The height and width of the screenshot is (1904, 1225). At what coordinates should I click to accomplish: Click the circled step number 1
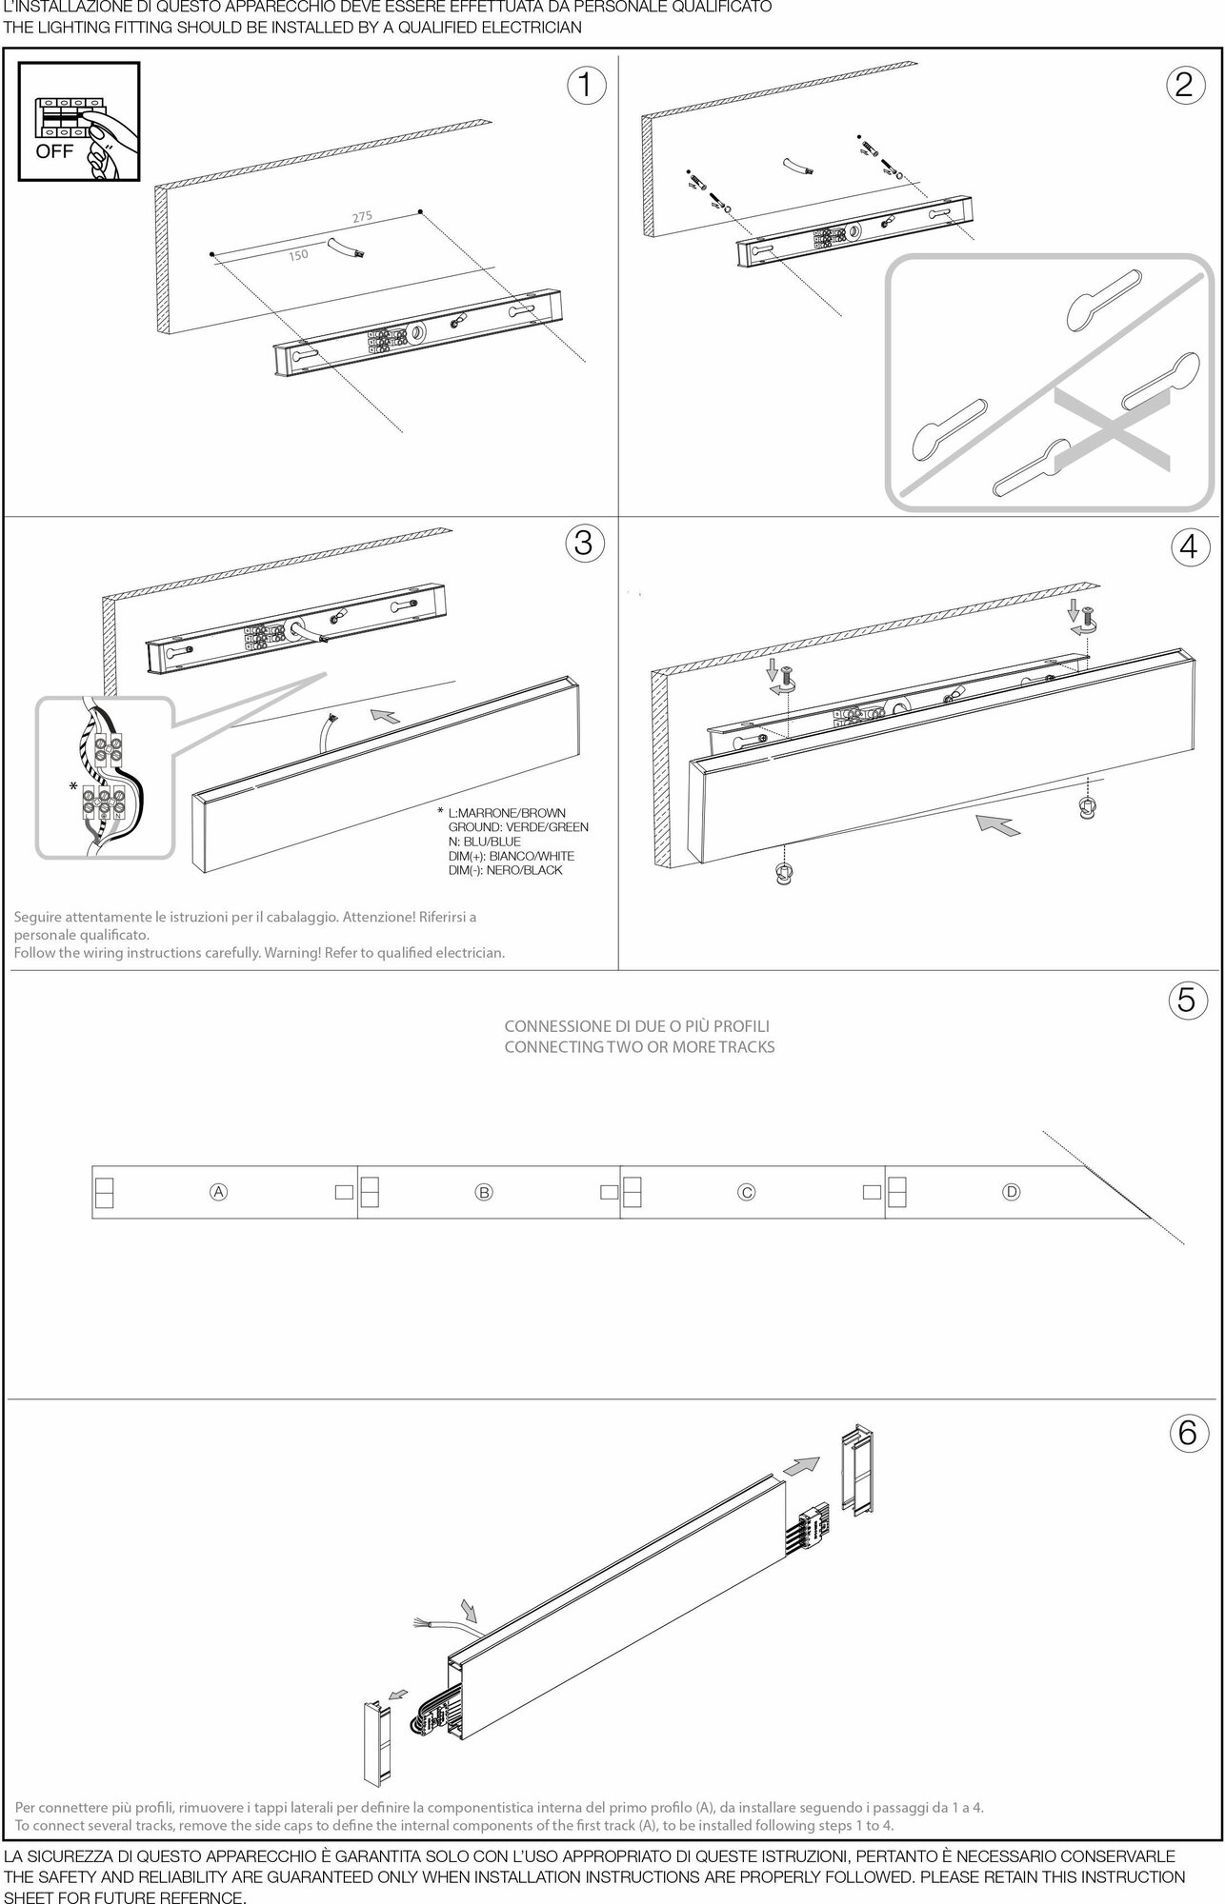[587, 86]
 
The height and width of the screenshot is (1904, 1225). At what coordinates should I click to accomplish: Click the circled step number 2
[1184, 86]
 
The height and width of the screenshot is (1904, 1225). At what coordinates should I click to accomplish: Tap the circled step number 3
[585, 542]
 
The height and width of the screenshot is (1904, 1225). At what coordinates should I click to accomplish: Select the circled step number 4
[1187, 546]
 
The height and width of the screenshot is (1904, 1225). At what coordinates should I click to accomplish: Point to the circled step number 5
[1186, 1000]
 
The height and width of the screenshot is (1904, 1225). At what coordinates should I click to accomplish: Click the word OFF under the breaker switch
[54, 151]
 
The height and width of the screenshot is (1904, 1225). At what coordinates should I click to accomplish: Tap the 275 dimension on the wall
[362, 217]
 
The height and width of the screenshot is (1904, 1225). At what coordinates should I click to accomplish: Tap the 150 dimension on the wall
[298, 255]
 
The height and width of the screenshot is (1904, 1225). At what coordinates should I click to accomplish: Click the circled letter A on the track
[218, 1191]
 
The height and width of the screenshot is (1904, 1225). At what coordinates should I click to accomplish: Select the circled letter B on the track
[484, 1191]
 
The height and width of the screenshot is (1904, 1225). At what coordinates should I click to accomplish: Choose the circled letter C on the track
[747, 1191]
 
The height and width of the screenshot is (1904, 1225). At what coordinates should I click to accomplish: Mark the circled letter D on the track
[1012, 1191]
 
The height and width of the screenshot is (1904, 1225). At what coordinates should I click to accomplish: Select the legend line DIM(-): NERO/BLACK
[505, 870]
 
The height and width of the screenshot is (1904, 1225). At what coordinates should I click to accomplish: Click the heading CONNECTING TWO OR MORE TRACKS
[638, 1047]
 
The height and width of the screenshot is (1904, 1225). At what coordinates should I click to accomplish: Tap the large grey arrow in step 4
[997, 824]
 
